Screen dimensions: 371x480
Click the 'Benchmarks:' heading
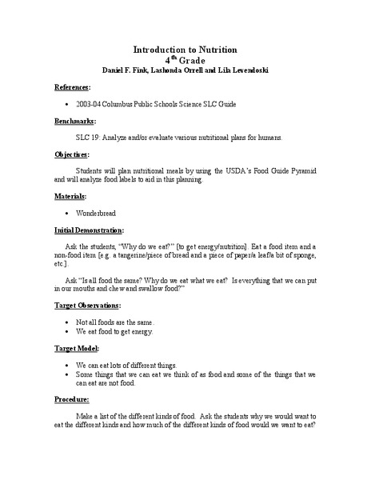point(75,121)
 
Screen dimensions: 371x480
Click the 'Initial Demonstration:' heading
point(89,230)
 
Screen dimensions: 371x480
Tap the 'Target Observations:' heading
point(88,305)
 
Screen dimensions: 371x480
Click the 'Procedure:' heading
point(74,399)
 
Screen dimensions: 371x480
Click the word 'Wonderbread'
point(98,214)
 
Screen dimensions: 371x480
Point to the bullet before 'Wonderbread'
point(64,214)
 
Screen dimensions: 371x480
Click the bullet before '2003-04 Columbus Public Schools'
point(64,104)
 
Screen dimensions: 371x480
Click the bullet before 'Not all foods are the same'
point(64,322)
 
